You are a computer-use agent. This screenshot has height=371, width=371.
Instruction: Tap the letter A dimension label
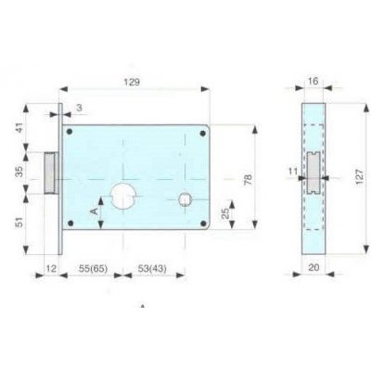tap(93, 211)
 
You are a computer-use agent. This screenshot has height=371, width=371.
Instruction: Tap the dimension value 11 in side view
tap(292, 171)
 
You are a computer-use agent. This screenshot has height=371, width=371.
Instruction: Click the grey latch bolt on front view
tap(53, 173)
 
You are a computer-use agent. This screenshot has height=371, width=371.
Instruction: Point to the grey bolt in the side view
tap(316, 173)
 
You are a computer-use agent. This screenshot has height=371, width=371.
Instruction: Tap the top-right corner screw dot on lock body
tap(201, 132)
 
